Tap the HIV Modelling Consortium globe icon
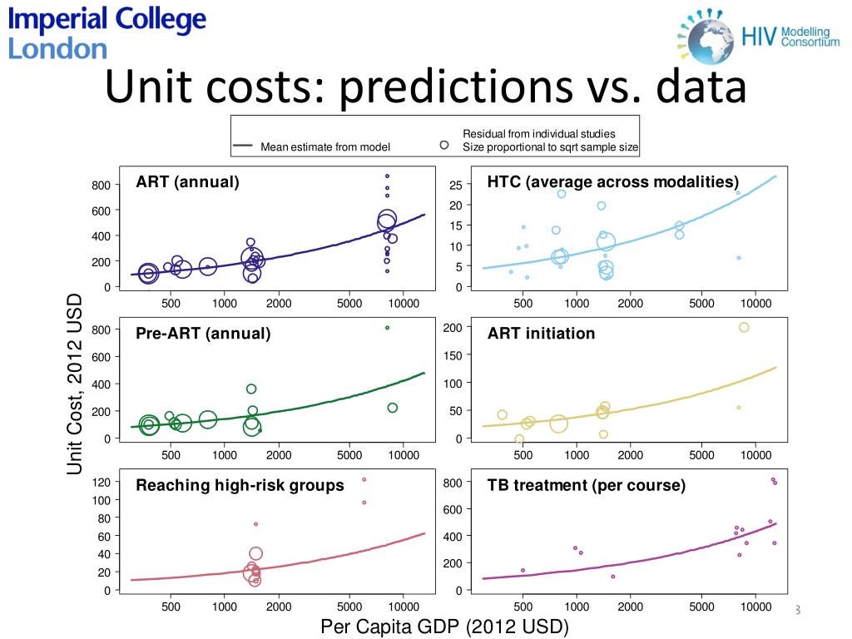click(x=707, y=35)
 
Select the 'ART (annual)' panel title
click(x=188, y=182)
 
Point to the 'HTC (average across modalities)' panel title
click(x=613, y=182)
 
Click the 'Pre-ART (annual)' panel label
click(x=203, y=334)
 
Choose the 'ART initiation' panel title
click(x=541, y=334)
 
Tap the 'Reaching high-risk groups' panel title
click(x=240, y=485)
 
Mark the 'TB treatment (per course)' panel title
click(x=587, y=485)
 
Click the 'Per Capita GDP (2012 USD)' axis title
click(x=444, y=627)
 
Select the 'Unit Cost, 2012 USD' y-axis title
click(x=76, y=384)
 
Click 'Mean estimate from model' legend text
click(x=324, y=147)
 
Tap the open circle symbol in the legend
click(x=444, y=145)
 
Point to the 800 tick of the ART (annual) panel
click(x=101, y=185)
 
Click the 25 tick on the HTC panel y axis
click(x=454, y=185)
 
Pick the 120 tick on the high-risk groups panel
click(x=101, y=483)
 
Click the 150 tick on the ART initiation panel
click(x=452, y=355)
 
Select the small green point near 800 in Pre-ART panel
click(x=387, y=328)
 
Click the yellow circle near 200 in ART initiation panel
click(x=744, y=327)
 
